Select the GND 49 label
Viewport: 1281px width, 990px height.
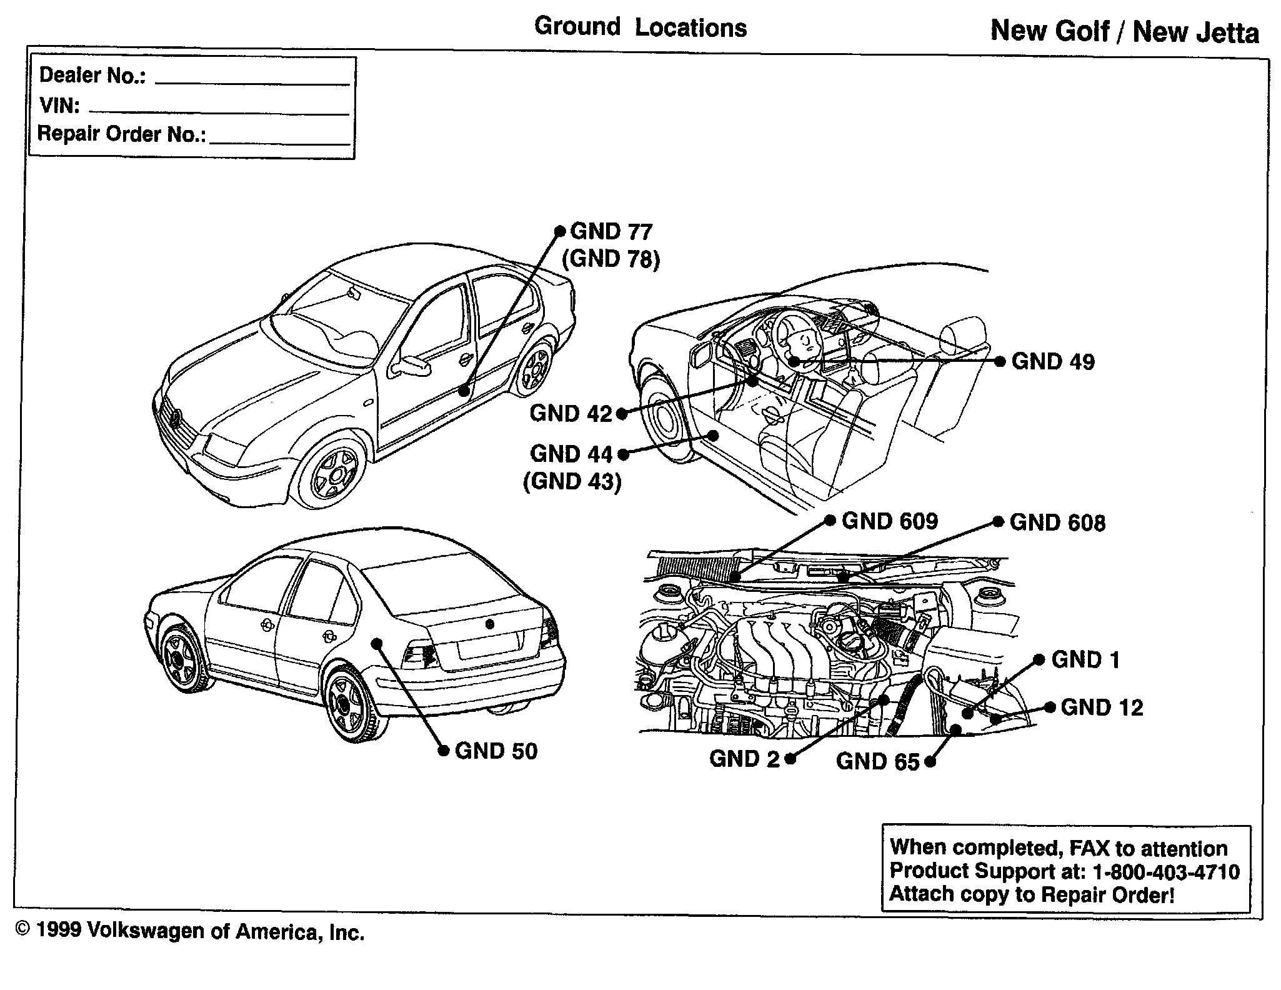point(1053,362)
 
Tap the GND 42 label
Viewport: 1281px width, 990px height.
point(571,414)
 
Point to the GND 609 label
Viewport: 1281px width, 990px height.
point(889,522)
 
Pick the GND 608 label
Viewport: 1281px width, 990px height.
point(1057,523)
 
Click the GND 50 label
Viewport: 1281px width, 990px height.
point(496,751)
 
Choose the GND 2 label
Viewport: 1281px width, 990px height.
point(744,759)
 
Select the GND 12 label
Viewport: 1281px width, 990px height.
point(1102,707)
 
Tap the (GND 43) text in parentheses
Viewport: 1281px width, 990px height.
point(572,481)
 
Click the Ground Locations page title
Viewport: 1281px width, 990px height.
point(640,28)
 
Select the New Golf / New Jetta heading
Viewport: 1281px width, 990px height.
point(1125,32)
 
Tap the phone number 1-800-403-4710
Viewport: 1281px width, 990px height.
point(1165,872)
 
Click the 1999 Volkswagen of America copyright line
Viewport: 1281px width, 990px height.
point(189,932)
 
